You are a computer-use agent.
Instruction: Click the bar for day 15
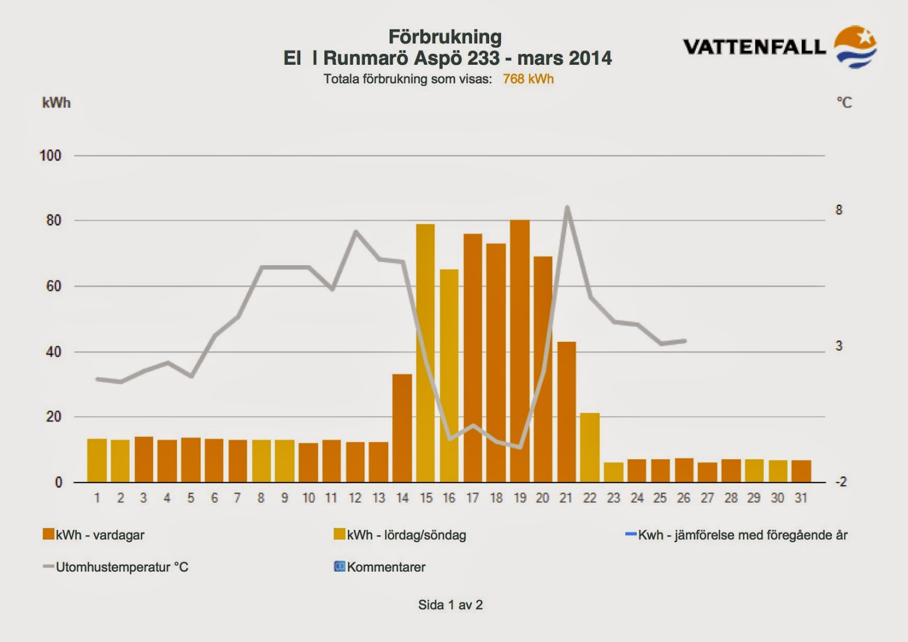pos(425,353)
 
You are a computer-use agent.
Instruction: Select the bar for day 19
pos(520,351)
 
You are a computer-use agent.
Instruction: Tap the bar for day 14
pos(402,428)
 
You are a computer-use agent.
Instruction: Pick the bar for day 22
pos(590,448)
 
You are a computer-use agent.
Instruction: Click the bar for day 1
pos(97,461)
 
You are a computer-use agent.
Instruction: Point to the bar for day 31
pos(801,471)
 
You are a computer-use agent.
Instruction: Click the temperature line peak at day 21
pos(567,207)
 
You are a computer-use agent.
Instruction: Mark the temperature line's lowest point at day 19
pos(520,447)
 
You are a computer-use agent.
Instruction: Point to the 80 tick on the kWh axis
pos(53,221)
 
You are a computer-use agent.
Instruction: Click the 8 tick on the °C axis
pos(839,210)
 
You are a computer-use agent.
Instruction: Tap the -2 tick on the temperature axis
pos(840,482)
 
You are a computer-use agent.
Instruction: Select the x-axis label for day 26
pos(683,498)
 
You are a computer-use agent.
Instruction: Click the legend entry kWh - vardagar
pos(94,535)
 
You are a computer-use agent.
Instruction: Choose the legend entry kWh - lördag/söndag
pos(400,535)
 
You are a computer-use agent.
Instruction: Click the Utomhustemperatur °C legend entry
pos(116,567)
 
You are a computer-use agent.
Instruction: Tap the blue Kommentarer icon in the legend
pos(339,566)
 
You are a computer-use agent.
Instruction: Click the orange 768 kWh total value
pos(528,79)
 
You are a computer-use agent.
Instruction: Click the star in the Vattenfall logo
pos(865,37)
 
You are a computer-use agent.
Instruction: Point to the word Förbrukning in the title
pos(445,37)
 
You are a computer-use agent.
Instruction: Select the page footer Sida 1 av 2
pos(451,605)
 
